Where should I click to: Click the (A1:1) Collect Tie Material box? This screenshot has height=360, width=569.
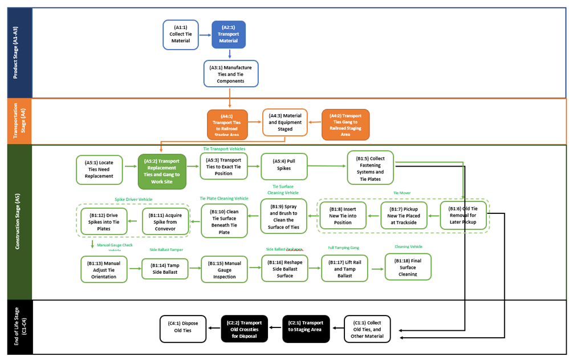point(180,34)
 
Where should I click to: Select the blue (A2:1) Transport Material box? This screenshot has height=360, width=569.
point(229,34)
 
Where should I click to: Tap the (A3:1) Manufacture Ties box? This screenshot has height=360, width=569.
point(230,74)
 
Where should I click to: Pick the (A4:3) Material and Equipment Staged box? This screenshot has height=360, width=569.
point(285,123)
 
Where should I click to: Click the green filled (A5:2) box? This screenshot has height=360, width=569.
point(162,171)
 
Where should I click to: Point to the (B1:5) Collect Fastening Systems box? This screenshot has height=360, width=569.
point(370,168)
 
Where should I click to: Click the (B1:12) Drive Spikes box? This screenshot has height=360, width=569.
point(104,221)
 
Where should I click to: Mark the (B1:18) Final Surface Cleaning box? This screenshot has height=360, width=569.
point(408,266)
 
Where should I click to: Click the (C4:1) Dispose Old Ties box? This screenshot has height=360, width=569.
point(182,329)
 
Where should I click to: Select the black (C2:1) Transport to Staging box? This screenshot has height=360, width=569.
point(306,329)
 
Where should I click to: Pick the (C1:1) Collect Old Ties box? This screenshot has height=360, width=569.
point(366,329)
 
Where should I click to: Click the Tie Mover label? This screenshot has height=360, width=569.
point(401,193)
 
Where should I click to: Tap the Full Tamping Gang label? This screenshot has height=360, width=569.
point(343,248)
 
